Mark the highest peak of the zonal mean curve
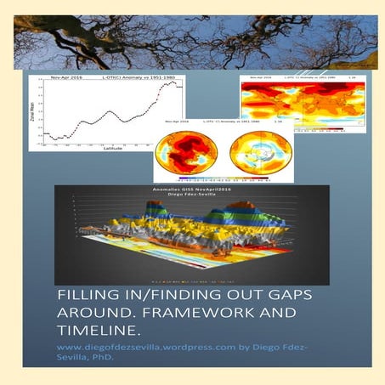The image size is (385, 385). (172, 82)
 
